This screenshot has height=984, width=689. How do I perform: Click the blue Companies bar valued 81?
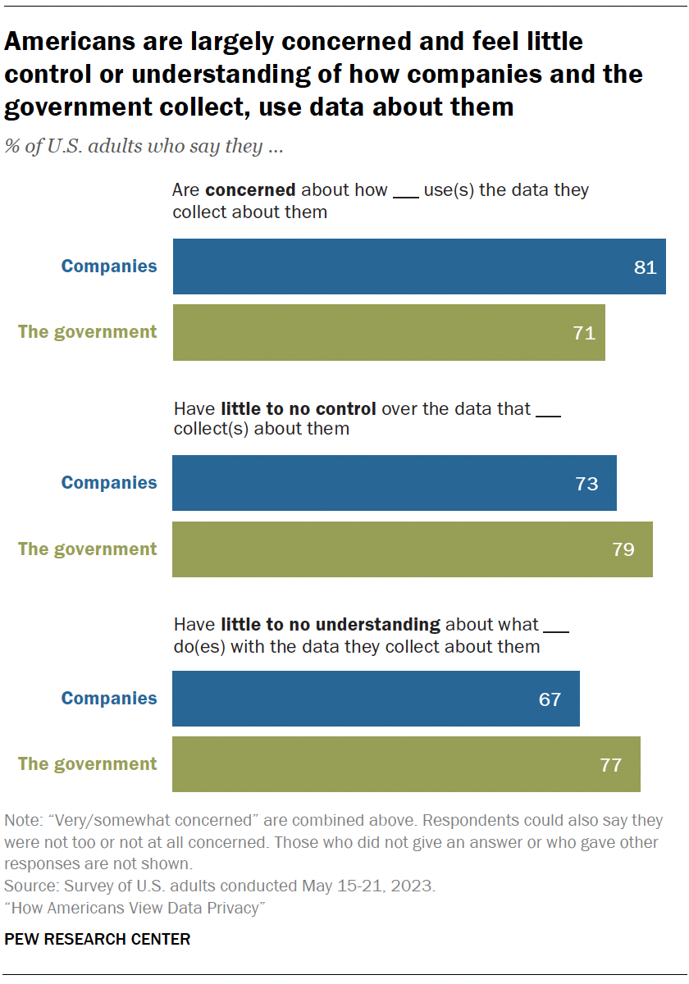[x=418, y=266]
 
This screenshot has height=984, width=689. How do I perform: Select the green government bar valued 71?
[x=388, y=333]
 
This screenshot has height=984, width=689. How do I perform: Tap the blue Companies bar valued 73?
[x=394, y=483]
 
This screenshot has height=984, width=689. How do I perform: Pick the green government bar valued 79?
[x=412, y=549]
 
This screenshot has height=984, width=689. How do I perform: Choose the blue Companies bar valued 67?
[x=376, y=699]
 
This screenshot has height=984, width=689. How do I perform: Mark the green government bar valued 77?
[x=406, y=764]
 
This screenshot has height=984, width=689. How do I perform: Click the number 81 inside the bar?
[x=646, y=267]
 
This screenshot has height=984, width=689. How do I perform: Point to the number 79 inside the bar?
[x=623, y=549]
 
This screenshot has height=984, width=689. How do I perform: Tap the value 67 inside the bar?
[x=550, y=699]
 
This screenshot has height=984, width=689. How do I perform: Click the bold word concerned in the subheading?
[x=250, y=190]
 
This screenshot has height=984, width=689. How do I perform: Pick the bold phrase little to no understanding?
[x=331, y=625]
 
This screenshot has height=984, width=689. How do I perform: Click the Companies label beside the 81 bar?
[x=109, y=266]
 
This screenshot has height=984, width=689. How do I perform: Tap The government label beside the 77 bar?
[x=88, y=764]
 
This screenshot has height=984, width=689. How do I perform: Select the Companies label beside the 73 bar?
[x=109, y=483]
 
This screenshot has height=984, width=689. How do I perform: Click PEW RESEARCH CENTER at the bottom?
[x=98, y=940]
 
